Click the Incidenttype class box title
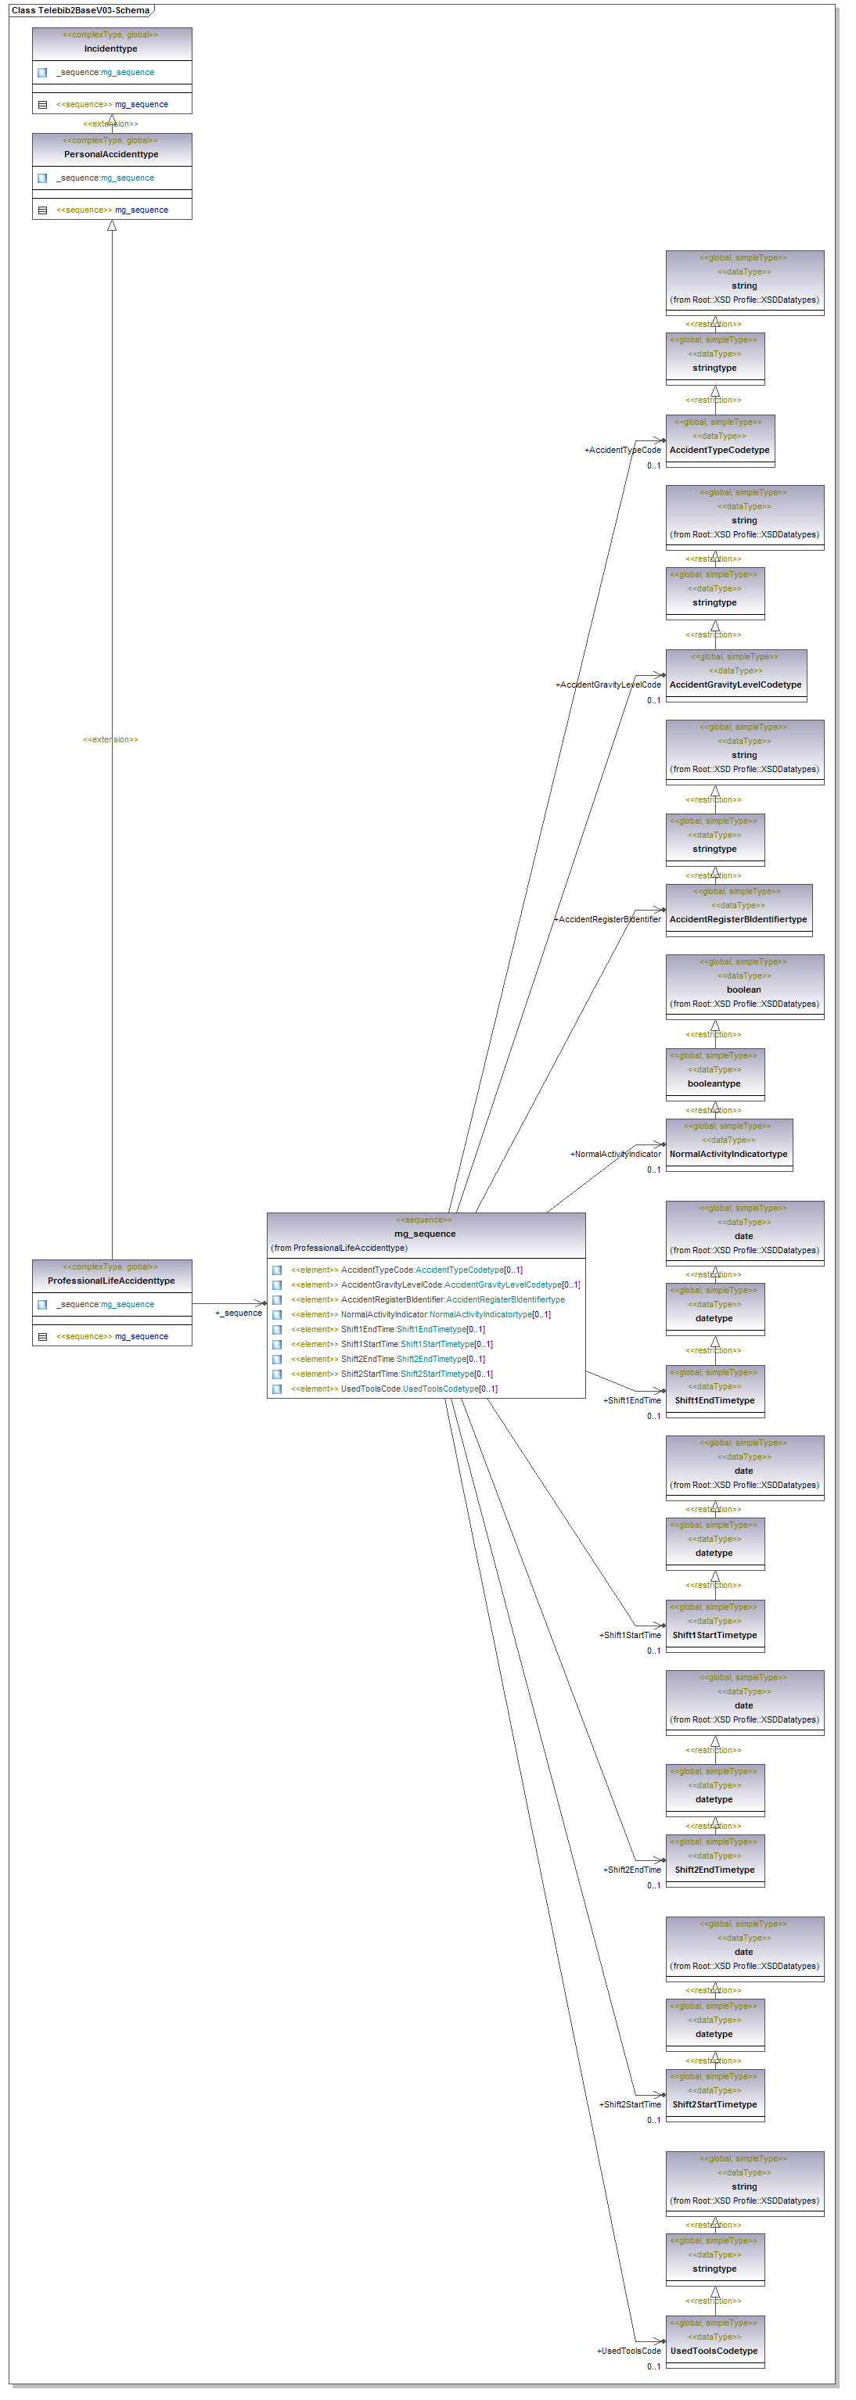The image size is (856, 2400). click(x=111, y=49)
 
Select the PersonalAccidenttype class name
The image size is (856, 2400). click(x=111, y=155)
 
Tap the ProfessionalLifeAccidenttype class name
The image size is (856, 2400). click(x=111, y=1281)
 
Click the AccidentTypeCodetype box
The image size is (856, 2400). click(x=719, y=450)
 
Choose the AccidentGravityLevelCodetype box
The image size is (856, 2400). click(x=735, y=684)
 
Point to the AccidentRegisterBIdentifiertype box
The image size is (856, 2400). click(x=738, y=920)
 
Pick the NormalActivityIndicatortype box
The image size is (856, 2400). click(x=728, y=1155)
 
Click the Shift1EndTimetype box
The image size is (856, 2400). click(x=714, y=1400)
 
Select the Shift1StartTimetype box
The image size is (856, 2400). click(x=714, y=1635)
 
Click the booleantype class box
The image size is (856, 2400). click(x=714, y=1083)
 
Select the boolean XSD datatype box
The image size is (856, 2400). click(x=743, y=990)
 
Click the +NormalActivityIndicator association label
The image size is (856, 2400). click(x=615, y=1155)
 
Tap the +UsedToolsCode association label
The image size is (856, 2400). click(x=629, y=2351)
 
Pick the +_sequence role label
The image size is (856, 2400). click(x=239, y=1313)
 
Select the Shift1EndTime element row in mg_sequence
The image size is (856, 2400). click(x=412, y=1330)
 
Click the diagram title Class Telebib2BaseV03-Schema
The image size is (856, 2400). click(x=80, y=10)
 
